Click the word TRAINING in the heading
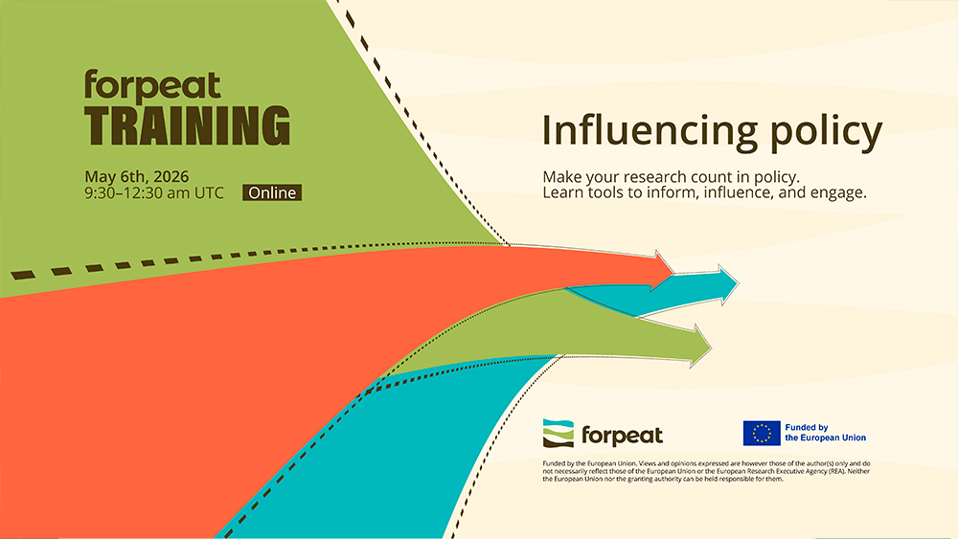click(x=187, y=125)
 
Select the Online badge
click(x=273, y=192)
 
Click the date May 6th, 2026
click(x=136, y=176)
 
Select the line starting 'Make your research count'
click(x=671, y=177)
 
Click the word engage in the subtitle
click(x=834, y=192)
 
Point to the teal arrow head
click(x=724, y=281)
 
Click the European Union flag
click(x=761, y=433)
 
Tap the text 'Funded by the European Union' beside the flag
click(x=825, y=433)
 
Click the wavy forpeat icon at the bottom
click(x=559, y=433)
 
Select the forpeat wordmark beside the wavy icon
click(x=622, y=435)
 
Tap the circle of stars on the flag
click(x=761, y=433)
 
